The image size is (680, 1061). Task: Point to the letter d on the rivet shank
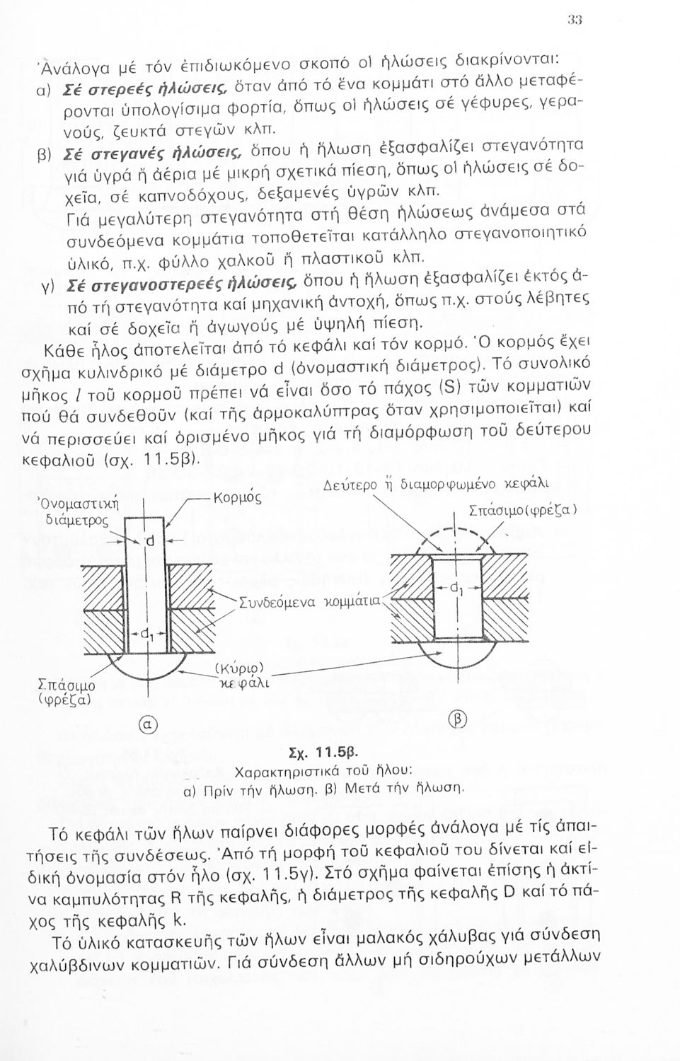(x=150, y=542)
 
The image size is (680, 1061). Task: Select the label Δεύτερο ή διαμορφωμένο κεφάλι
(x=437, y=487)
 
